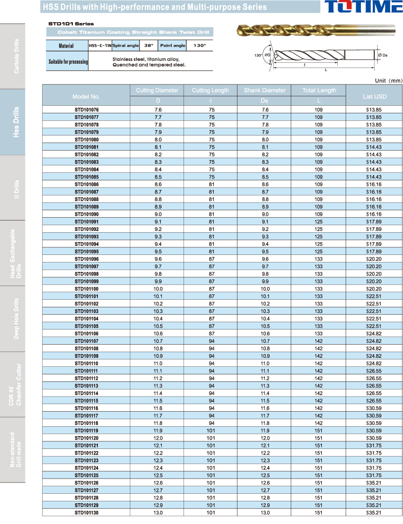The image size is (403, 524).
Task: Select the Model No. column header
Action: coord(86,96)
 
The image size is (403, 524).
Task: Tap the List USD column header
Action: coord(375,96)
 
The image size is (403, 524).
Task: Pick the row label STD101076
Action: coord(87,110)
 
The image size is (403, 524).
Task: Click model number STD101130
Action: coord(87,513)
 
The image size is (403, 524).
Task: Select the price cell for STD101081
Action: coord(374,147)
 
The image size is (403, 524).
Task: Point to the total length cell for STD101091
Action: coord(319,221)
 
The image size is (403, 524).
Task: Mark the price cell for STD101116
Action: coord(374,408)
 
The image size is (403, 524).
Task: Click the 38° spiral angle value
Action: coord(149,46)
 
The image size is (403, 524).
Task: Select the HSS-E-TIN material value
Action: coord(100,46)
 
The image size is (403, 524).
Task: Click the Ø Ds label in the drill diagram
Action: coord(383,55)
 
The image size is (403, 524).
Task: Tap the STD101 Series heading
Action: coord(71,24)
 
